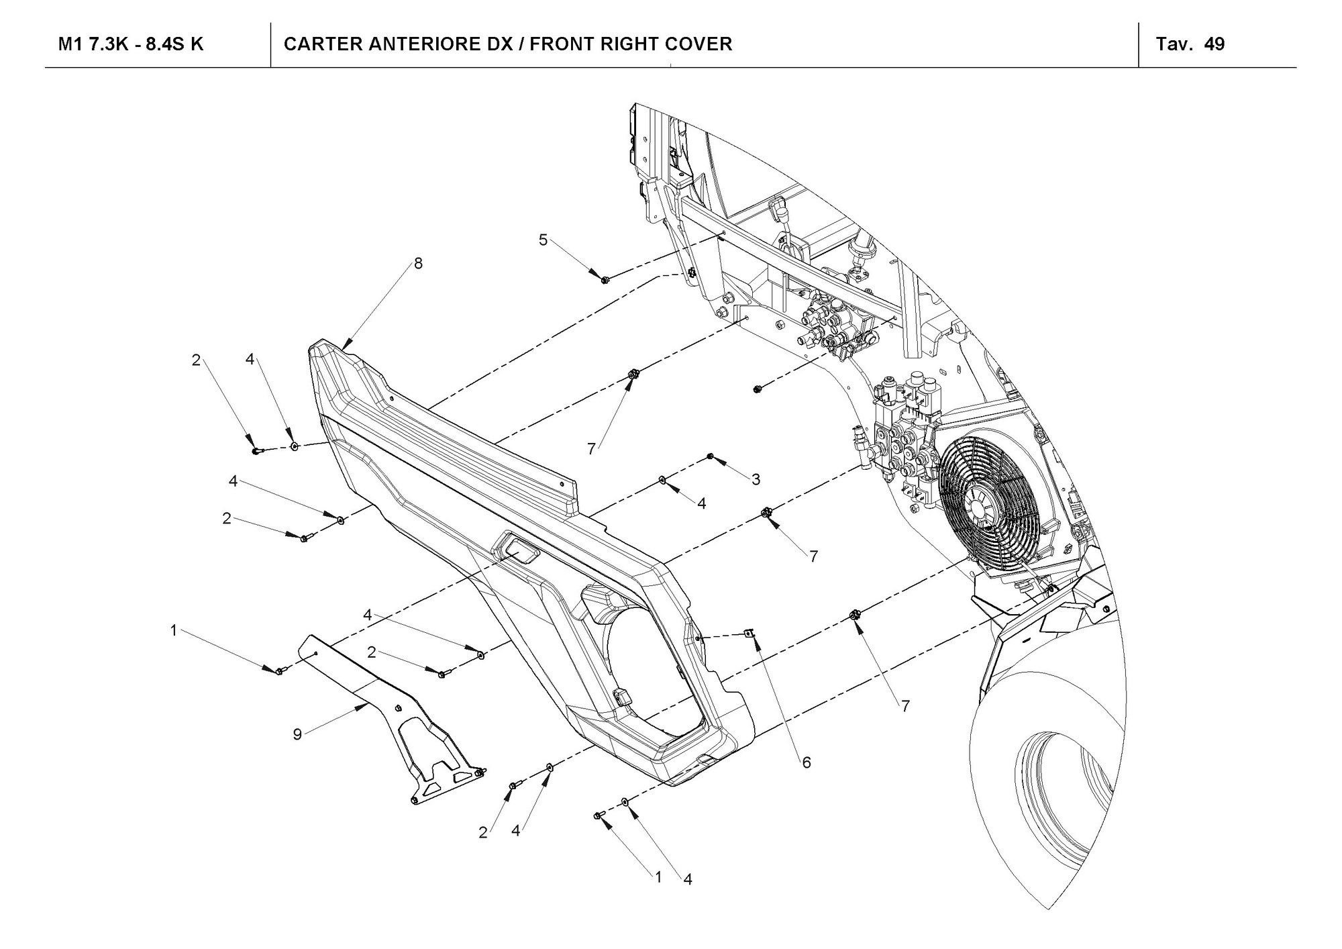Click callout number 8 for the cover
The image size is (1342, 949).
coord(418,263)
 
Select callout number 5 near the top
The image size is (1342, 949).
coord(544,239)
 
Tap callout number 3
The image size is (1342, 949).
coord(756,479)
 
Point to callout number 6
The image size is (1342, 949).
coord(806,762)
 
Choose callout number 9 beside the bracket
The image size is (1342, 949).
coord(297,734)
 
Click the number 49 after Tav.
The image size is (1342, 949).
coord(1214,44)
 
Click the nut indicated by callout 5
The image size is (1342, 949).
coord(605,278)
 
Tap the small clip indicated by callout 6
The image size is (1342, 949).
coord(751,632)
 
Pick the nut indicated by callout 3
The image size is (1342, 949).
coord(711,457)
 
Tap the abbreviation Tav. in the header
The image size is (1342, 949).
coord(1174,44)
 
